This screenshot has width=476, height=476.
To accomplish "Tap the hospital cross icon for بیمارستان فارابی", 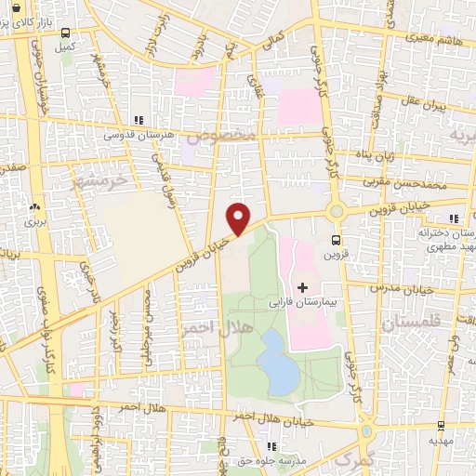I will point(302,287).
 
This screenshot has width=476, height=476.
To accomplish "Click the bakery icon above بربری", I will point(35,207).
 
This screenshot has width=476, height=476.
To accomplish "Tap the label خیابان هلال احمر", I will point(279,423).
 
